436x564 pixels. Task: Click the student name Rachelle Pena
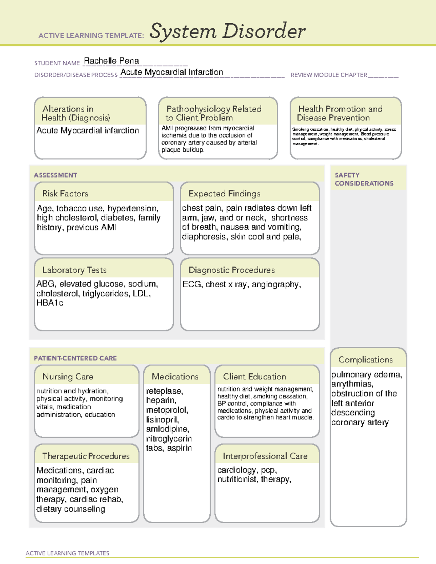(x=111, y=61)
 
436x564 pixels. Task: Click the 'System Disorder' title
(x=227, y=31)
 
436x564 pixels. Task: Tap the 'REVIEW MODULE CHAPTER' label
(x=329, y=75)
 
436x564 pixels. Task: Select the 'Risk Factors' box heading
(x=65, y=194)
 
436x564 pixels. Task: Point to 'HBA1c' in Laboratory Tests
(x=50, y=303)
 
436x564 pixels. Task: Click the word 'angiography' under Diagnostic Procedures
(x=275, y=284)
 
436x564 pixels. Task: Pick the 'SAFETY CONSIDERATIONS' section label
(x=364, y=179)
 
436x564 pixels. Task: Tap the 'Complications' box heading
(x=366, y=360)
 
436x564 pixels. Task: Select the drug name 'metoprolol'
(x=166, y=410)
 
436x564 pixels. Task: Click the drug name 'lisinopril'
(x=162, y=420)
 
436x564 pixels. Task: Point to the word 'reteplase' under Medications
(x=164, y=391)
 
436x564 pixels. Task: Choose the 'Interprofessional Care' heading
(x=265, y=456)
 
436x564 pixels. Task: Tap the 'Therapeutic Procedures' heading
(x=86, y=456)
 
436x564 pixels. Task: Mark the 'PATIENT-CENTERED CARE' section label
(x=75, y=358)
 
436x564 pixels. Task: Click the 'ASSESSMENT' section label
(x=55, y=175)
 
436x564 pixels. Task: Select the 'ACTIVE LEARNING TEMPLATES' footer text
(x=68, y=553)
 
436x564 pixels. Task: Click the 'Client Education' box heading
(x=254, y=377)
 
